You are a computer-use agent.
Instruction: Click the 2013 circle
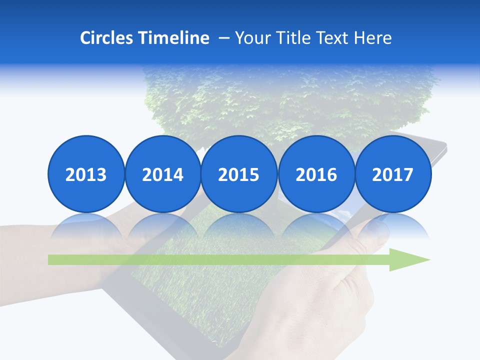pyautogui.click(x=86, y=174)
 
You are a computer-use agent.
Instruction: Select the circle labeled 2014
pyautogui.click(x=162, y=174)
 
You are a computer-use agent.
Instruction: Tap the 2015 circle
pyautogui.click(x=239, y=174)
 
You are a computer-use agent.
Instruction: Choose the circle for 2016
pyautogui.click(x=316, y=174)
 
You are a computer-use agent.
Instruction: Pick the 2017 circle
pyautogui.click(x=392, y=174)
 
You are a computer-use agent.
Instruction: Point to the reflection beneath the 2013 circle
pyautogui.click(x=86, y=225)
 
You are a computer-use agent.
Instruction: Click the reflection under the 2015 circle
pyautogui.click(x=239, y=225)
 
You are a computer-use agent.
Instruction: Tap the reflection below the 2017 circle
pyautogui.click(x=392, y=225)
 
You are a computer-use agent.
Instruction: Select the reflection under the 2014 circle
pyautogui.click(x=162, y=225)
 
